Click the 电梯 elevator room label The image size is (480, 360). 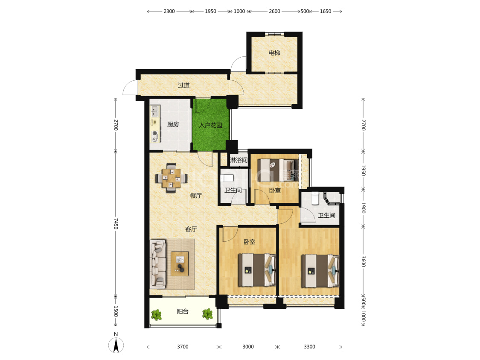click(x=274, y=53)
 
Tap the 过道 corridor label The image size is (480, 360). click(x=183, y=85)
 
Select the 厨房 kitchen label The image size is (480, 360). click(x=173, y=124)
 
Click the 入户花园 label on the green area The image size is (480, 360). click(x=211, y=125)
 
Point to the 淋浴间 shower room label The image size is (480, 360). click(x=239, y=160)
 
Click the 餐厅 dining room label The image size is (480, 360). click(x=196, y=196)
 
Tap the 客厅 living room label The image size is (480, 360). click(x=191, y=229)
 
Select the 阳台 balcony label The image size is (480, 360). click(x=183, y=312)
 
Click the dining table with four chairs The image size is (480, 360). click(x=171, y=178)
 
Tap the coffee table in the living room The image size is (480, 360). click(x=180, y=263)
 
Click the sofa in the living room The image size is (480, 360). click(x=158, y=264)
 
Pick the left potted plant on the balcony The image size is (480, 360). click(x=157, y=315)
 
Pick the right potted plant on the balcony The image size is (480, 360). click(x=207, y=314)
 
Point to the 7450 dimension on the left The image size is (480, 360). click(x=116, y=224)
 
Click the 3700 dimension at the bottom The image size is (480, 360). click(x=183, y=346)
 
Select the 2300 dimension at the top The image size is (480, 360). click(x=169, y=12)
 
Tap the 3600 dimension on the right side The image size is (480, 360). click(x=363, y=261)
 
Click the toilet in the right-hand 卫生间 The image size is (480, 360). click(x=315, y=198)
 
